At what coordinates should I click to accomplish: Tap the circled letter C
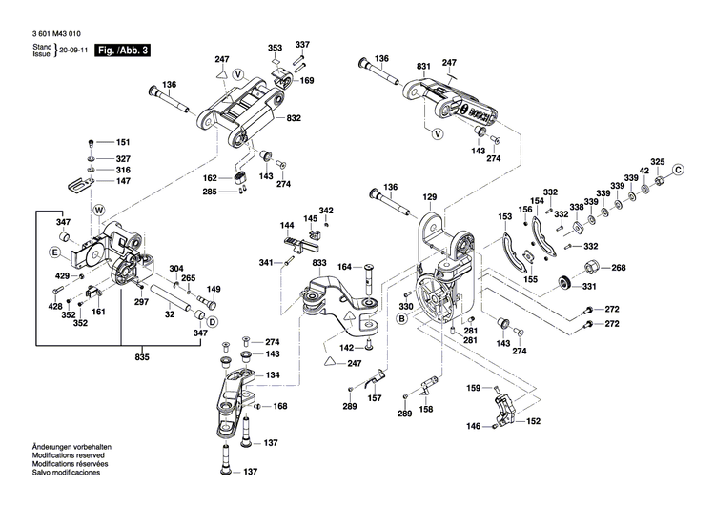[x=679, y=170]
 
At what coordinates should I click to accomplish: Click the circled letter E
[x=55, y=253]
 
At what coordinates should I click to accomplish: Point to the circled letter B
[x=401, y=320]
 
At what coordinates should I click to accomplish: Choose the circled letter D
[x=214, y=321]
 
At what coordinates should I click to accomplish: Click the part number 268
[x=618, y=268]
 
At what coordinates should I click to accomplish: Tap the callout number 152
[x=534, y=422]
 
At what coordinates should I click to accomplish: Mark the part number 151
[x=123, y=142]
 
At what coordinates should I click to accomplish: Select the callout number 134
[x=273, y=376]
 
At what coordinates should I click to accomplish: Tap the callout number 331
[x=590, y=287]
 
